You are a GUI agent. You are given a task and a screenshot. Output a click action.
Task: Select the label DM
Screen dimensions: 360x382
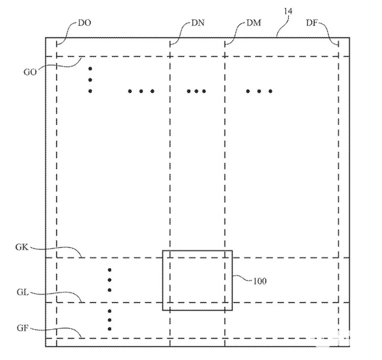254,22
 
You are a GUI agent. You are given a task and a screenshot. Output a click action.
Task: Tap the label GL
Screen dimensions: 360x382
23,292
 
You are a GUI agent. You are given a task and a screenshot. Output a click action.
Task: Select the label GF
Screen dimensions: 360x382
23,328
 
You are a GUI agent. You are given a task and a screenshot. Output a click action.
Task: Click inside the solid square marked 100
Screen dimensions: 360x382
197,280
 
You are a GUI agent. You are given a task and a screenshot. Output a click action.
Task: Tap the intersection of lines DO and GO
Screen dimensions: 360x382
57,56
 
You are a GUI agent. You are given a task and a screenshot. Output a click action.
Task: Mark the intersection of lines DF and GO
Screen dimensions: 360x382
338,56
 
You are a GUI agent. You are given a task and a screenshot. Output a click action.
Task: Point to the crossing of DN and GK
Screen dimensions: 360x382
170,258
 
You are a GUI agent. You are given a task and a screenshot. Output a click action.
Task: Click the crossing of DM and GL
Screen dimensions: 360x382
225,302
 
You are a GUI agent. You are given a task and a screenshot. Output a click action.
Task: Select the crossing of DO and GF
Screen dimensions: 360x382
57,338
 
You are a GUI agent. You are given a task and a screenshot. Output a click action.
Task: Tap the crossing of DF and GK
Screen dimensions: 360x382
338,258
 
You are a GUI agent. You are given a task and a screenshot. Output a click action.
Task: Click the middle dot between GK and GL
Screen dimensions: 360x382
109,280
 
